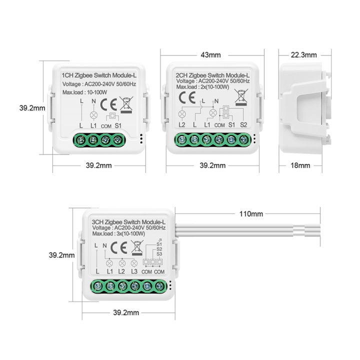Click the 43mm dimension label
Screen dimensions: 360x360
(212, 54)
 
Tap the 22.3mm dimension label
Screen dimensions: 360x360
(304, 54)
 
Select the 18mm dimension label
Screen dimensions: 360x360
(300, 165)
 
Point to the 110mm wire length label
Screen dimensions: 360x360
(251, 214)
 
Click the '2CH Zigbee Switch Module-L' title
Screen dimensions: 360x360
(212, 74)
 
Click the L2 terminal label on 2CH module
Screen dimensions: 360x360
(182, 124)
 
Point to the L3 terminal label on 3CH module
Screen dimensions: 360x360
(134, 271)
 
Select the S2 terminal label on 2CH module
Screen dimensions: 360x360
(243, 124)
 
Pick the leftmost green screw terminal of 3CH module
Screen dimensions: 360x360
(97, 286)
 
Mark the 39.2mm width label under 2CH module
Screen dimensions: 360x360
(212, 165)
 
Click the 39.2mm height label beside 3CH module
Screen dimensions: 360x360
(61, 254)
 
